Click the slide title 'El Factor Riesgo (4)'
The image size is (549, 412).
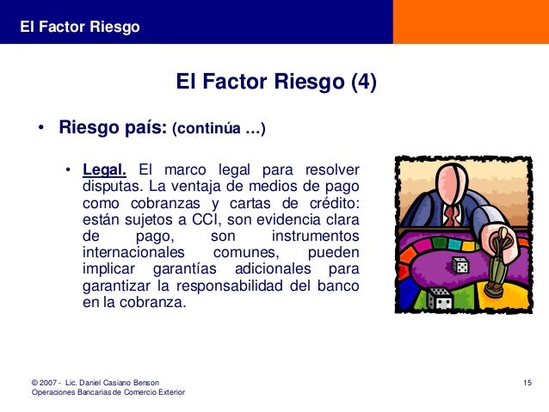point(275,83)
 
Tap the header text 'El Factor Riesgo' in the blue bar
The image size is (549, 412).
point(80,28)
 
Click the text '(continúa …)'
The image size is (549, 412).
point(219,131)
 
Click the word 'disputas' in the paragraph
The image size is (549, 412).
point(111,185)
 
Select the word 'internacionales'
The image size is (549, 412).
point(133,254)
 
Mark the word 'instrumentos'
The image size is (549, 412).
point(315,237)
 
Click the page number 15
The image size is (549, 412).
point(528,381)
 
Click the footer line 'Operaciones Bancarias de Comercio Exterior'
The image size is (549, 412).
point(108,393)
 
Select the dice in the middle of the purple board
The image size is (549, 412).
point(460,266)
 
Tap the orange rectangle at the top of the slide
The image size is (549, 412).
point(471,22)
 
